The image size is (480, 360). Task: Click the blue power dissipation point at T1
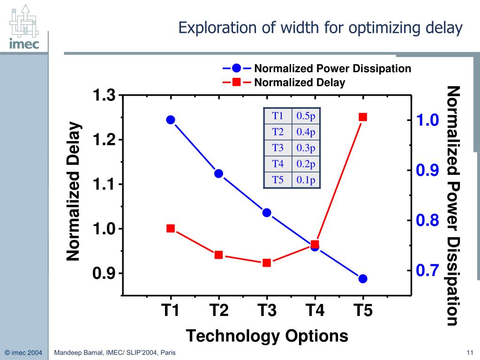pyautogui.click(x=171, y=120)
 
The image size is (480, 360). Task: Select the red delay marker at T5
pyautogui.click(x=363, y=117)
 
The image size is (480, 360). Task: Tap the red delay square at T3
pyautogui.click(x=267, y=263)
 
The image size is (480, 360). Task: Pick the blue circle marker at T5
pyautogui.click(x=363, y=279)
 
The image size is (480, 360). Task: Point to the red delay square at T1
pyautogui.click(x=171, y=229)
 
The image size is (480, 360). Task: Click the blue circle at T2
pyautogui.click(x=218, y=173)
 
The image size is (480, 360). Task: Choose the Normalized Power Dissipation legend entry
pyautogui.click(x=332, y=69)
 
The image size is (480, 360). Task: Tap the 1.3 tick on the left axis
pyautogui.click(x=104, y=96)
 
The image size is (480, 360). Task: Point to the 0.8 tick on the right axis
pyautogui.click(x=427, y=220)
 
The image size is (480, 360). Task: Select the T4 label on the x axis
pyautogui.click(x=315, y=310)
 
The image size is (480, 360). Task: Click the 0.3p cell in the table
pyautogui.click(x=306, y=148)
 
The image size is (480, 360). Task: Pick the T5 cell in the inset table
pyautogui.click(x=278, y=180)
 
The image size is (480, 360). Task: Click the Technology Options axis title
pyautogui.click(x=267, y=336)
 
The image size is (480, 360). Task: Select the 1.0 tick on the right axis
pyautogui.click(x=427, y=120)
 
